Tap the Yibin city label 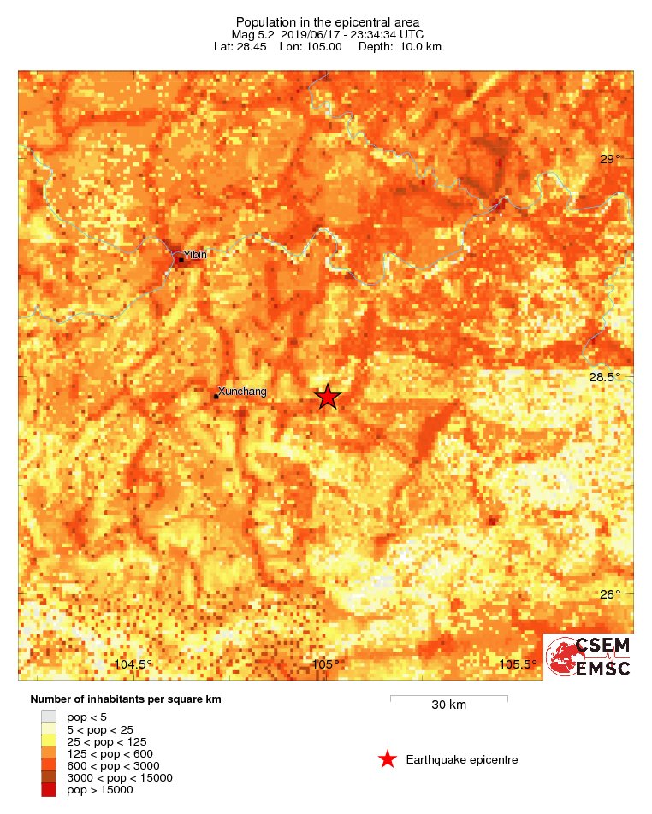point(195,254)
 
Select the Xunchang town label point(243,392)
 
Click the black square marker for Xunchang point(216,396)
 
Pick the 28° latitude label point(610,595)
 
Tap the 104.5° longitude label point(133,665)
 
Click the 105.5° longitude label point(519,665)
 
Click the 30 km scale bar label point(448,705)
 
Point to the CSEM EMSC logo point(589,657)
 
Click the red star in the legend point(388,759)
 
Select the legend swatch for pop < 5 point(49,717)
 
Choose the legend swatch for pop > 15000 point(49,790)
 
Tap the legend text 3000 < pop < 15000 point(120,777)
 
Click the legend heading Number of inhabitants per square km point(126,699)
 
